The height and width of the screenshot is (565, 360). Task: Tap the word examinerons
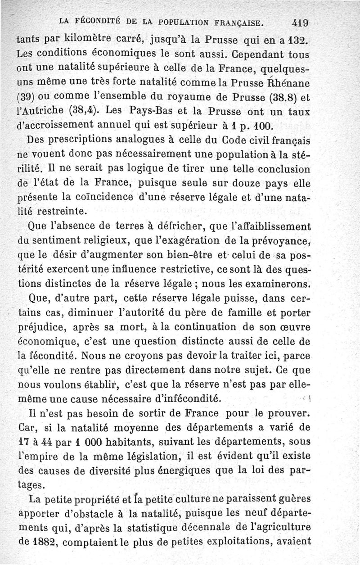277,284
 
